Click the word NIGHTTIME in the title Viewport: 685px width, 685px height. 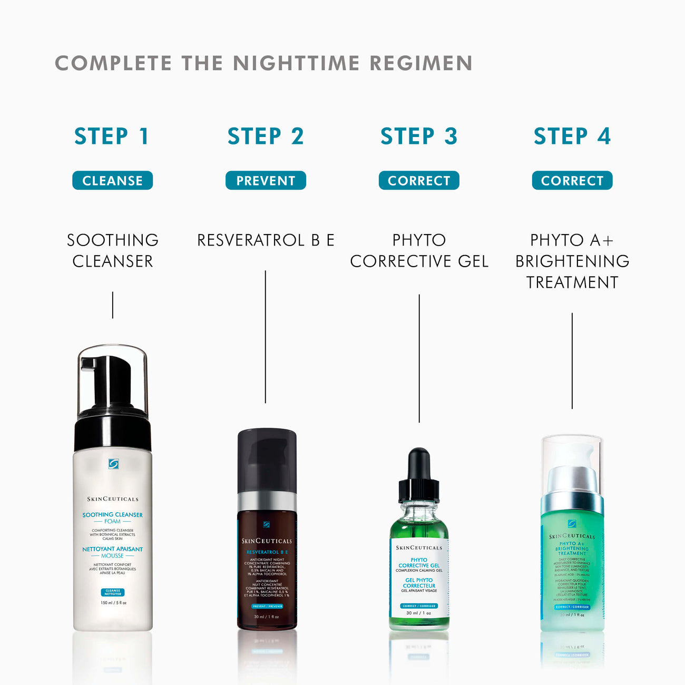297,63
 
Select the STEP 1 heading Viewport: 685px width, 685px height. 112,136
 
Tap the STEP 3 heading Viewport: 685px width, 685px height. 419,136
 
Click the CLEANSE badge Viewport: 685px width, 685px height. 112,181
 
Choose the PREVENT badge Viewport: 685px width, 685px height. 266,181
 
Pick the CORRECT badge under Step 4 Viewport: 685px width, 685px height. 572,181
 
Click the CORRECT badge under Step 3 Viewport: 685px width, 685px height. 419,181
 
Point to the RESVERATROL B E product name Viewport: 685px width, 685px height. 266,240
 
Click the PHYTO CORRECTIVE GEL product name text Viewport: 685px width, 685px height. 419,251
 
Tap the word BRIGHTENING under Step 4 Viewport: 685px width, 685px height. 572,261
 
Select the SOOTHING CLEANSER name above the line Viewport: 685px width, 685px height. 112,251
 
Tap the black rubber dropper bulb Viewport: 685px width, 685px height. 419,464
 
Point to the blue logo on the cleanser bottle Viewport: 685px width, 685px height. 113,464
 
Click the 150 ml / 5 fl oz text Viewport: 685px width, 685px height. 113,603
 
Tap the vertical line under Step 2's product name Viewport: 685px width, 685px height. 266,337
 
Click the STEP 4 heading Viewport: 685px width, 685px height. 572,136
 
